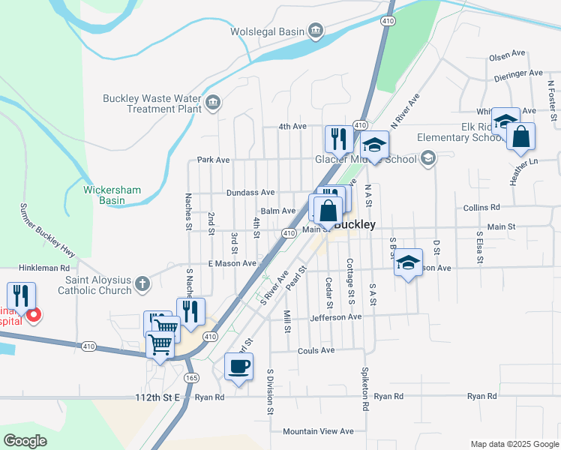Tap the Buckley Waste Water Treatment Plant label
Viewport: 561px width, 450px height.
point(153,103)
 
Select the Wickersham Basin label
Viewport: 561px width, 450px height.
point(112,195)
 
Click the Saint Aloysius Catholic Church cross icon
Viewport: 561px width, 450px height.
point(142,284)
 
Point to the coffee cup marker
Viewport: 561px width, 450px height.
point(238,367)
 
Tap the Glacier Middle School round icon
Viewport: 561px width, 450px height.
point(427,157)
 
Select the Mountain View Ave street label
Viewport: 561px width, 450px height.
point(317,431)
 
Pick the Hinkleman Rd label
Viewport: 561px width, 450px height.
point(44,267)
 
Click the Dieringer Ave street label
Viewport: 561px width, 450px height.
point(517,73)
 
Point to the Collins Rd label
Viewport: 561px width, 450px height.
point(481,208)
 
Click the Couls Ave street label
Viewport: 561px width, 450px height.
point(316,350)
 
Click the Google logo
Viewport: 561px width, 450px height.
point(25,441)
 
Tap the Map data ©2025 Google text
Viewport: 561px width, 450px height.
point(514,444)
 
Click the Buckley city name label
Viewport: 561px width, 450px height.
point(355,223)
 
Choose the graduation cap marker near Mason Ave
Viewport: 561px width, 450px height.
point(408,262)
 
